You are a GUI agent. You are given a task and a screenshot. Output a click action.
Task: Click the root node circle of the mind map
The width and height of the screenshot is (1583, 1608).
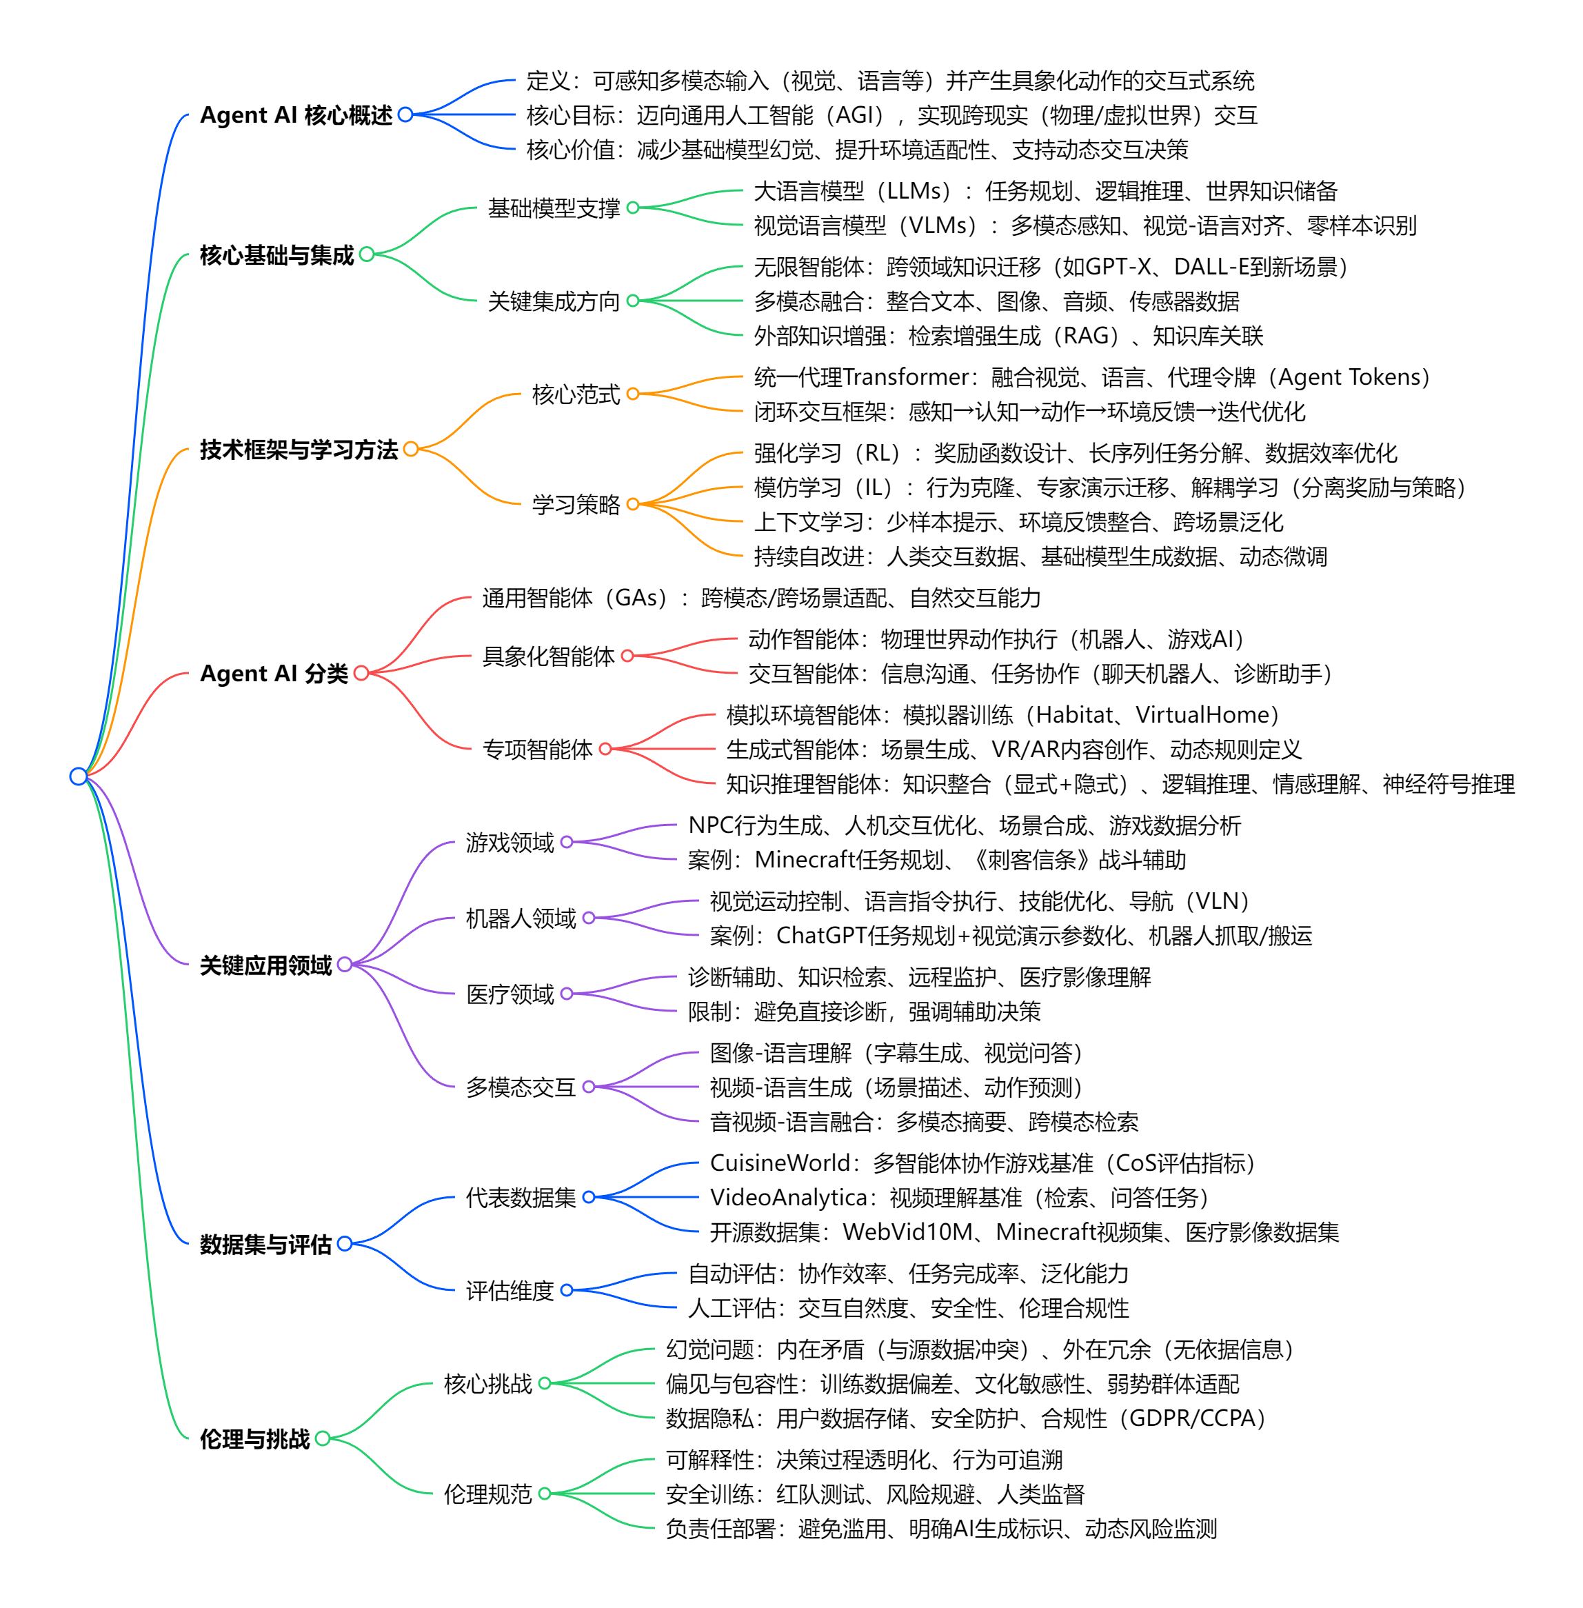pos(78,776)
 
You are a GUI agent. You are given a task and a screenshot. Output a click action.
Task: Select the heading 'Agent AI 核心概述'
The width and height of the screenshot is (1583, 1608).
pos(295,114)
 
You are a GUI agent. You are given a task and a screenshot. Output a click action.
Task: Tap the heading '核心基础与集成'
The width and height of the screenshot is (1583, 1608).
pos(277,254)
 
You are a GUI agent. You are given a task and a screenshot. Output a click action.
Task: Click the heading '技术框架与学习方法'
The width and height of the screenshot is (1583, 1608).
pos(299,450)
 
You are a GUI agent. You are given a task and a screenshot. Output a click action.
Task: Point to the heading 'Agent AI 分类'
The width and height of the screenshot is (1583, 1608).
pos(274,672)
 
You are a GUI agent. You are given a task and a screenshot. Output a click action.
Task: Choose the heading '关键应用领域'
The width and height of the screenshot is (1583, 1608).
pos(265,965)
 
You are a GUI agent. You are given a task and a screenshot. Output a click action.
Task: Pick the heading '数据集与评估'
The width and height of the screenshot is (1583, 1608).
pos(265,1244)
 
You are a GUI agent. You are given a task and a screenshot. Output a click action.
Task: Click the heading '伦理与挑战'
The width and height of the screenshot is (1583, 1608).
pos(254,1438)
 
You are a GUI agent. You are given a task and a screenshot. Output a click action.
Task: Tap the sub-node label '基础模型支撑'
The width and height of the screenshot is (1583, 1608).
pos(554,208)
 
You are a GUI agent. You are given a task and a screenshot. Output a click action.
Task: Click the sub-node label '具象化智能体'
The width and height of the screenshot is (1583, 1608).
pos(548,656)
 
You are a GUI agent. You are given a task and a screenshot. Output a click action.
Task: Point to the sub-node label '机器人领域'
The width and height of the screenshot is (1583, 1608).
pos(521,918)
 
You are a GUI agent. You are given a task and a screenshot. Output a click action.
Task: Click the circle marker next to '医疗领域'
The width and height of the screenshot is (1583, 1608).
pos(567,994)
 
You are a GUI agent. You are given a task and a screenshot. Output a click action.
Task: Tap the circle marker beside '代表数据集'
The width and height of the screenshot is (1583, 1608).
pos(589,1197)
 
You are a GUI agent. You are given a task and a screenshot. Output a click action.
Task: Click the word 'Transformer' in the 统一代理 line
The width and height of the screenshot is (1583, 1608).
pos(906,377)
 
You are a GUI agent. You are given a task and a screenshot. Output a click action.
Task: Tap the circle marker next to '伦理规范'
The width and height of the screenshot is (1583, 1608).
pos(545,1494)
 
